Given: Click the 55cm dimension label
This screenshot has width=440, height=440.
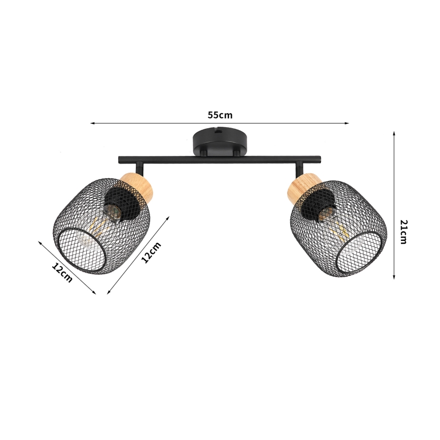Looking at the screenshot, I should coord(219,115).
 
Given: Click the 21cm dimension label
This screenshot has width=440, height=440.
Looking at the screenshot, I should coord(403,232).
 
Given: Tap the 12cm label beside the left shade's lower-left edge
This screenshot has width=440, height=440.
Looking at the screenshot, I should coord(62,272).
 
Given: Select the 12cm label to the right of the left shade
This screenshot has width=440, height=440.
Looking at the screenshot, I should coord(151,252).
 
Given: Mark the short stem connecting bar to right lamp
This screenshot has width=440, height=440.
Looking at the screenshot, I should coord(300,168).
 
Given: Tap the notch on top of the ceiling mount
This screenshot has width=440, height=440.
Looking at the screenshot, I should coord(219,129).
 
